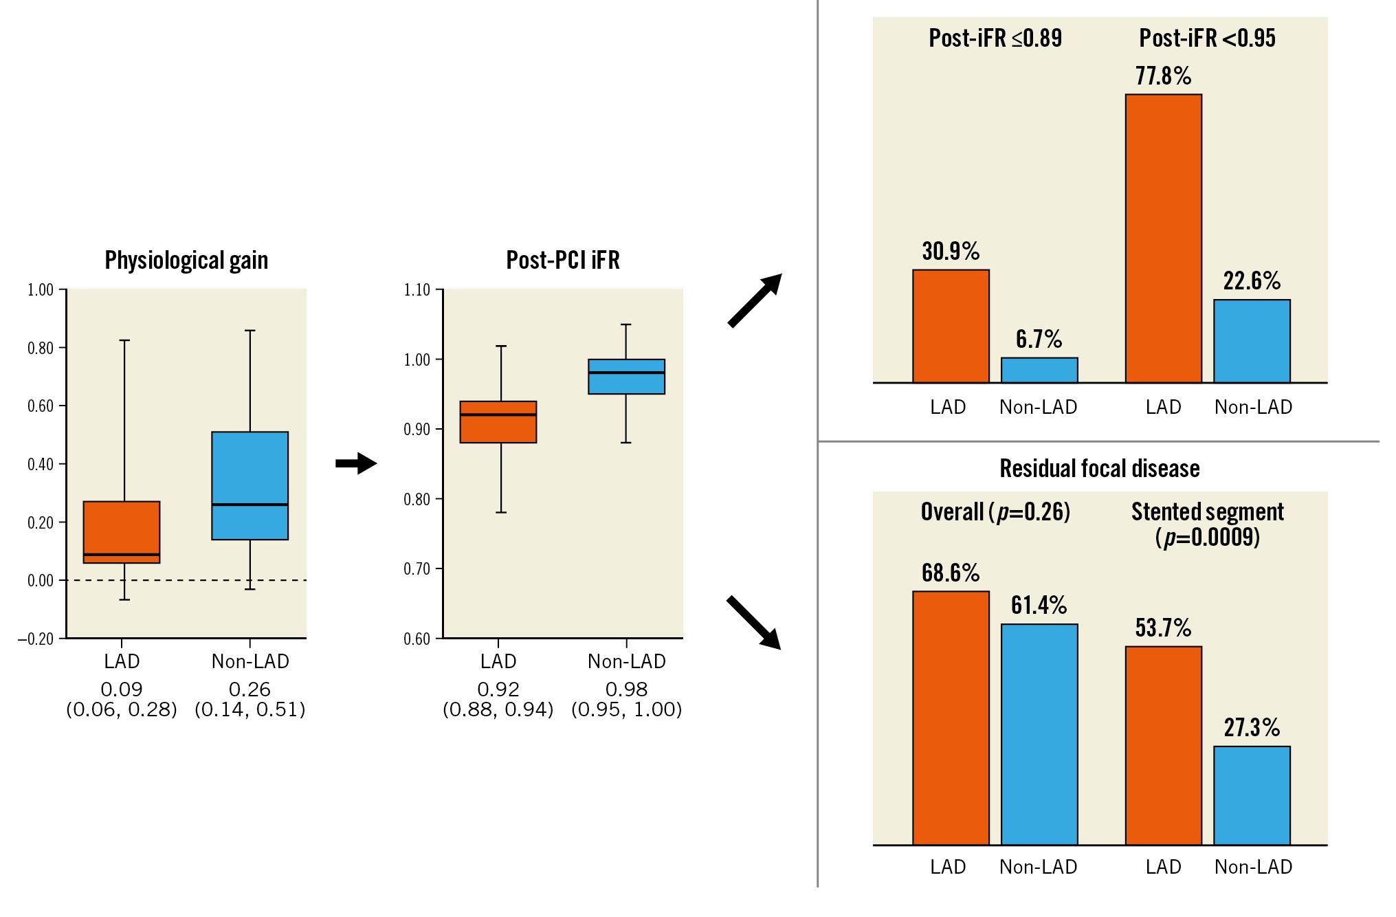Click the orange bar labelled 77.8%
(1163, 238)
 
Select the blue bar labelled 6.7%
(1039, 370)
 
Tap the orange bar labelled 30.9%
(951, 326)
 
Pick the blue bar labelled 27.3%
(1252, 795)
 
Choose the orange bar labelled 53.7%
(1163, 745)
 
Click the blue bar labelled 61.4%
(1039, 734)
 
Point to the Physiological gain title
(186, 261)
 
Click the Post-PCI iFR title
(563, 261)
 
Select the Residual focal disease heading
(1099, 469)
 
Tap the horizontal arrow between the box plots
(356, 463)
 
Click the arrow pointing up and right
(755, 300)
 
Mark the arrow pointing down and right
(754, 622)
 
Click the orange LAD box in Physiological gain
(122, 532)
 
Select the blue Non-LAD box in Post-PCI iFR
(626, 377)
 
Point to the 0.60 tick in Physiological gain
(41, 406)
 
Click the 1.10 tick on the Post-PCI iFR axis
(417, 290)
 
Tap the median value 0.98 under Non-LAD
(626, 689)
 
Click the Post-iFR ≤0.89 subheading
(995, 38)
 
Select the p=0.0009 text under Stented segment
(1207, 537)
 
